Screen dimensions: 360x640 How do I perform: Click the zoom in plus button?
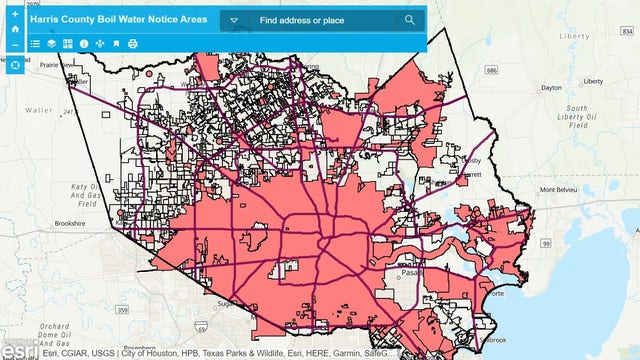coord(15,13)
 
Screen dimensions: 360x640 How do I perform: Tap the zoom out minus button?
coord(15,45)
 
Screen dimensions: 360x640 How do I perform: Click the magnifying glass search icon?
coord(410,20)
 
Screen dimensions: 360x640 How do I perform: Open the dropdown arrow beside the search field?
coord(233,20)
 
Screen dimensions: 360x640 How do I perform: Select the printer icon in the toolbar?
coord(132,44)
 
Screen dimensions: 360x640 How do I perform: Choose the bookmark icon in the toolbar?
coord(116,44)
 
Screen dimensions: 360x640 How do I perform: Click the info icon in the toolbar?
coord(84,44)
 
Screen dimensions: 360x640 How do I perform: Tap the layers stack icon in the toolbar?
coord(51,44)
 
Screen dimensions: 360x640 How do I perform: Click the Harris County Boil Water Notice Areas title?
coord(119,19)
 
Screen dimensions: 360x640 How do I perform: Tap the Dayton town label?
coord(552,88)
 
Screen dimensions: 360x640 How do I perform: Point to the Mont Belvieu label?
coord(562,190)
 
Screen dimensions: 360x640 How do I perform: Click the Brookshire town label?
coord(70,224)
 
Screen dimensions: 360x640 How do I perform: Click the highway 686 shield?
coord(491,71)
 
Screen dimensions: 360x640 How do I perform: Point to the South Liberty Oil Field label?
coord(579,117)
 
